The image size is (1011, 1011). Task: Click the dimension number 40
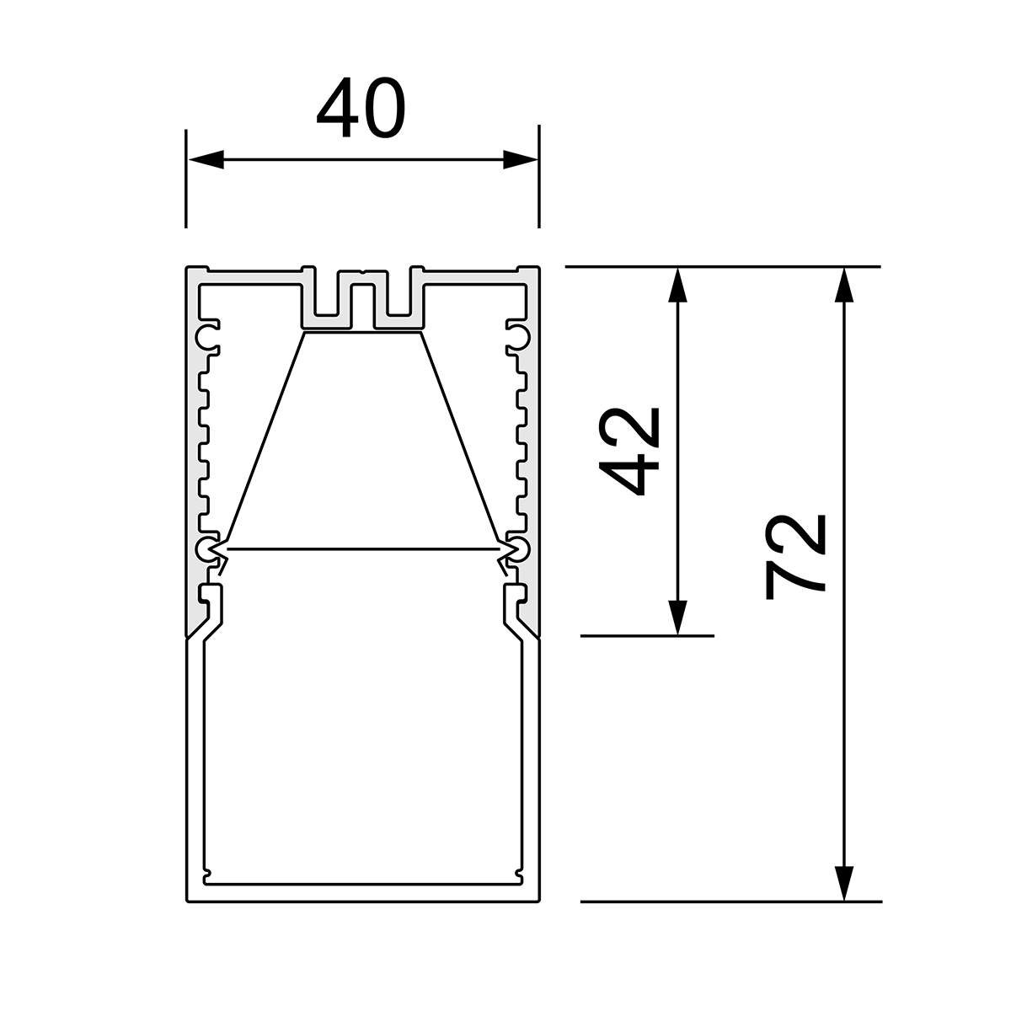click(x=361, y=108)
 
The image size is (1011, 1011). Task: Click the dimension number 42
click(x=629, y=452)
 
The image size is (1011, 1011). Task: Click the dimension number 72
click(x=796, y=557)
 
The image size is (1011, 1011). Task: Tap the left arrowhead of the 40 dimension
click(x=206, y=159)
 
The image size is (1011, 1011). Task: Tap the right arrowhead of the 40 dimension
click(x=521, y=159)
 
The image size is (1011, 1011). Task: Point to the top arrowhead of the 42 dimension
click(x=677, y=285)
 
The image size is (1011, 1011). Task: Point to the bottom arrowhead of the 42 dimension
click(x=677, y=618)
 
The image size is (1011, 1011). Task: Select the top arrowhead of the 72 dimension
click(x=843, y=285)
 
